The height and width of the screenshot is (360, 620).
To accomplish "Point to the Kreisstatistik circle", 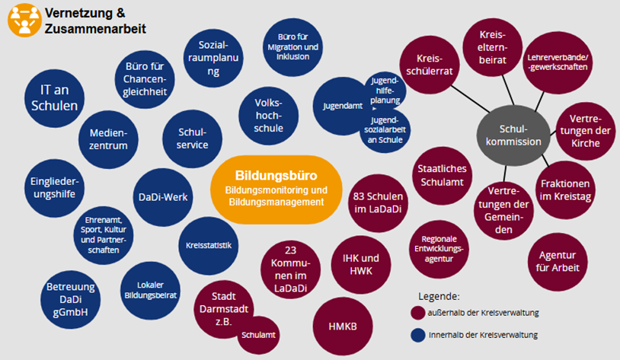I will point(208,245).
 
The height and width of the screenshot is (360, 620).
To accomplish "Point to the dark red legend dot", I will point(417,313).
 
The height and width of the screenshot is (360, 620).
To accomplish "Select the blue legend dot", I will point(417,335).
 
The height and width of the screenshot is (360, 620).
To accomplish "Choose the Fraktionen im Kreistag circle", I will point(566,190).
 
